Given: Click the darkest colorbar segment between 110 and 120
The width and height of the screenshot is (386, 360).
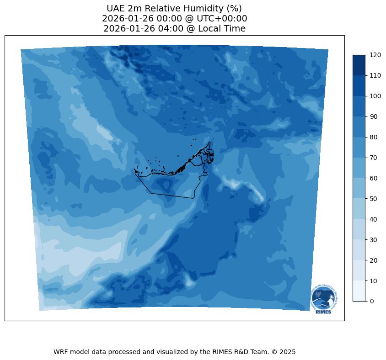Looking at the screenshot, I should (x=359, y=65).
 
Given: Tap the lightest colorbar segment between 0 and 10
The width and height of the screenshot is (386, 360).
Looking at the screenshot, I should (x=359, y=291).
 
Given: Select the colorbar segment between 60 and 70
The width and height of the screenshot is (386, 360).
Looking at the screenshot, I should (x=359, y=168).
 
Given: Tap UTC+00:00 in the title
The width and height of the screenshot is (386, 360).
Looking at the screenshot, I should (x=221, y=19).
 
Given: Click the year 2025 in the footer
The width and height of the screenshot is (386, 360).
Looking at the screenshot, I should (x=288, y=352).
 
